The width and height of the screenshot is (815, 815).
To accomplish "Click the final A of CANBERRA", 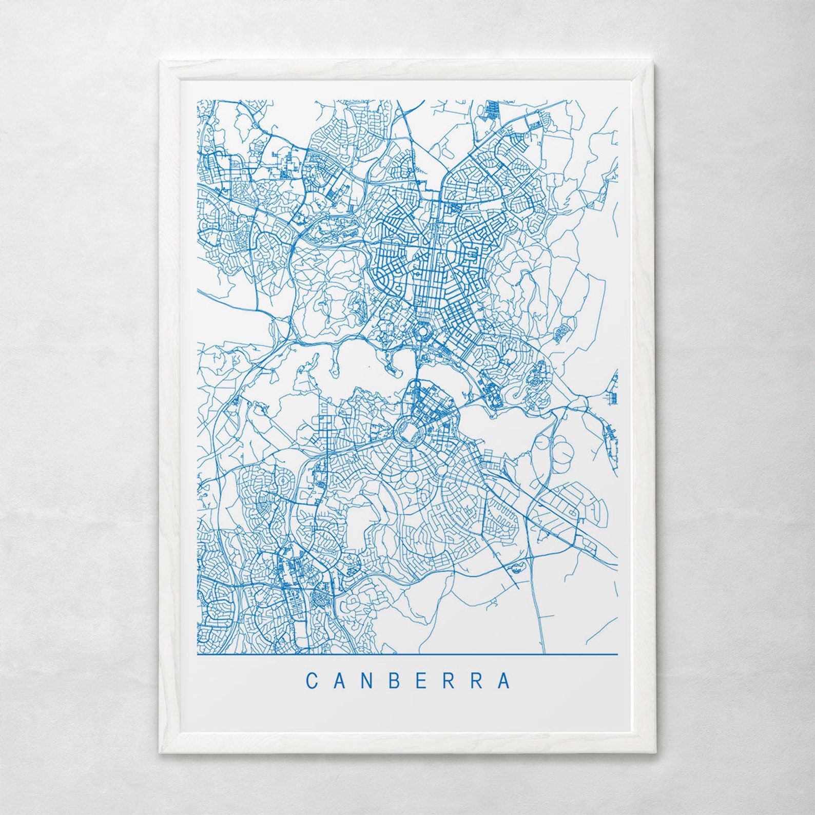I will click(504, 681).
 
